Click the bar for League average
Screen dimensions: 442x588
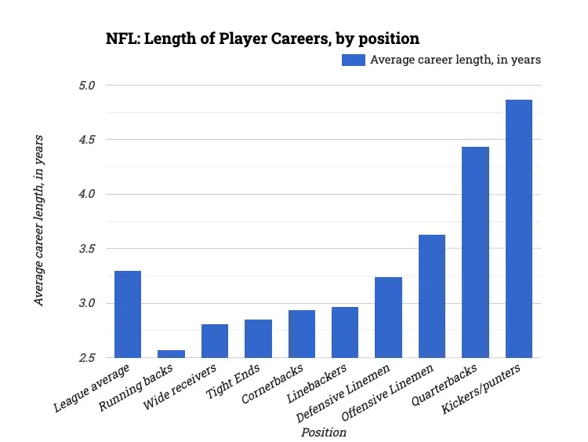[128, 314]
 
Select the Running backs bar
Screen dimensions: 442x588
[171, 354]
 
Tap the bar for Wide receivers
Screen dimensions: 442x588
[215, 341]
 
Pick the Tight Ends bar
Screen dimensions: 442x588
[258, 338]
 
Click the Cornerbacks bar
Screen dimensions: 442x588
[302, 334]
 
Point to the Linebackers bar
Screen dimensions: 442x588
[345, 332]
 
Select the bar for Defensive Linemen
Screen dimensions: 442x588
[389, 317]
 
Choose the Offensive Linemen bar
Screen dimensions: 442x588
[432, 296]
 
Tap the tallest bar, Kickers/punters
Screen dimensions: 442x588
[519, 228]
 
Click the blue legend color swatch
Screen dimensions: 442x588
[354, 60]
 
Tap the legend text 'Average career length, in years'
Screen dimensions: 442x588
[456, 60]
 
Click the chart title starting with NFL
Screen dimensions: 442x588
[263, 38]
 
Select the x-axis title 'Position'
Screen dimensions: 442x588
[323, 432]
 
